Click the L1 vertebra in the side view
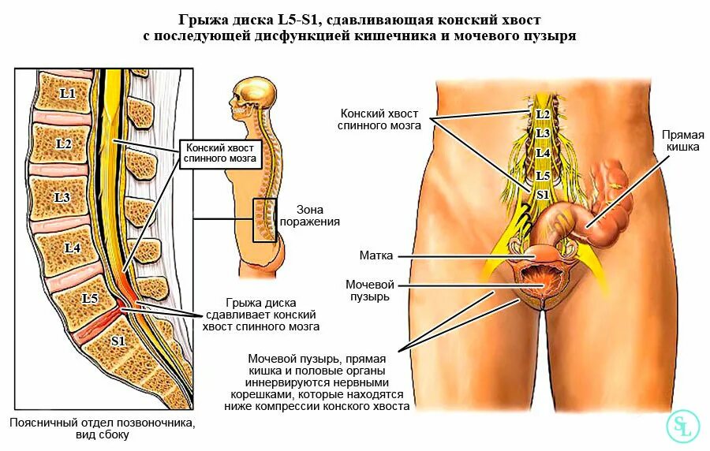coord(67,94)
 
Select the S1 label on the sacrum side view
coord(118,341)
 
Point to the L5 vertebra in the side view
coord(89,299)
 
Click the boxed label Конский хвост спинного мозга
coord(220,153)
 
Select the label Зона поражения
coord(318,216)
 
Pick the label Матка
coord(376,255)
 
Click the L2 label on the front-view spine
coord(543,114)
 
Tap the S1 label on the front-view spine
coord(542,194)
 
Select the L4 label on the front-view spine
coord(543,153)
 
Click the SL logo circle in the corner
coord(682,426)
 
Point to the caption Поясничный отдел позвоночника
coord(102,423)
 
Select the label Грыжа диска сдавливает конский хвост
coord(272,314)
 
